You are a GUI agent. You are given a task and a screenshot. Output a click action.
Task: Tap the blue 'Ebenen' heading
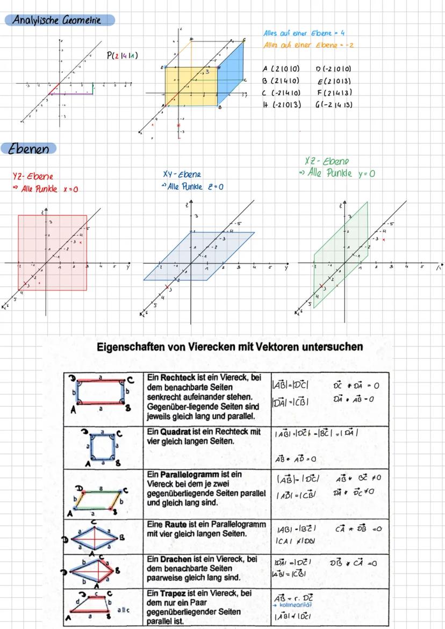click(x=30, y=149)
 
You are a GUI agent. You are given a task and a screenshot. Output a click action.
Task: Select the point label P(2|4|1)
click(x=122, y=55)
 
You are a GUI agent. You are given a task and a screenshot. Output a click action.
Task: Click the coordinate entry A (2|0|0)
click(x=281, y=69)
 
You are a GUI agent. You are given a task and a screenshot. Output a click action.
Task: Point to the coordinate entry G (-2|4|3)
click(x=334, y=105)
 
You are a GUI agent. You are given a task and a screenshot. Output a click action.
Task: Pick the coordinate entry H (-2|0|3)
click(x=281, y=105)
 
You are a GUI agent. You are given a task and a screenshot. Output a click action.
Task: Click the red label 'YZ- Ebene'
click(x=33, y=176)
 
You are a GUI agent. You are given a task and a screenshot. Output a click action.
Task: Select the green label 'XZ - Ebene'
click(x=327, y=161)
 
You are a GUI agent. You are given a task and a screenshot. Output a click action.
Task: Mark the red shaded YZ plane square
click(x=52, y=252)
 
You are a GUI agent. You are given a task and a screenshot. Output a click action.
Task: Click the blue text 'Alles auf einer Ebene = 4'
click(x=304, y=33)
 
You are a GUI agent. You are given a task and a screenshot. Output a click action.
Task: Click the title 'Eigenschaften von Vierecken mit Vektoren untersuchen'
click(x=230, y=347)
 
